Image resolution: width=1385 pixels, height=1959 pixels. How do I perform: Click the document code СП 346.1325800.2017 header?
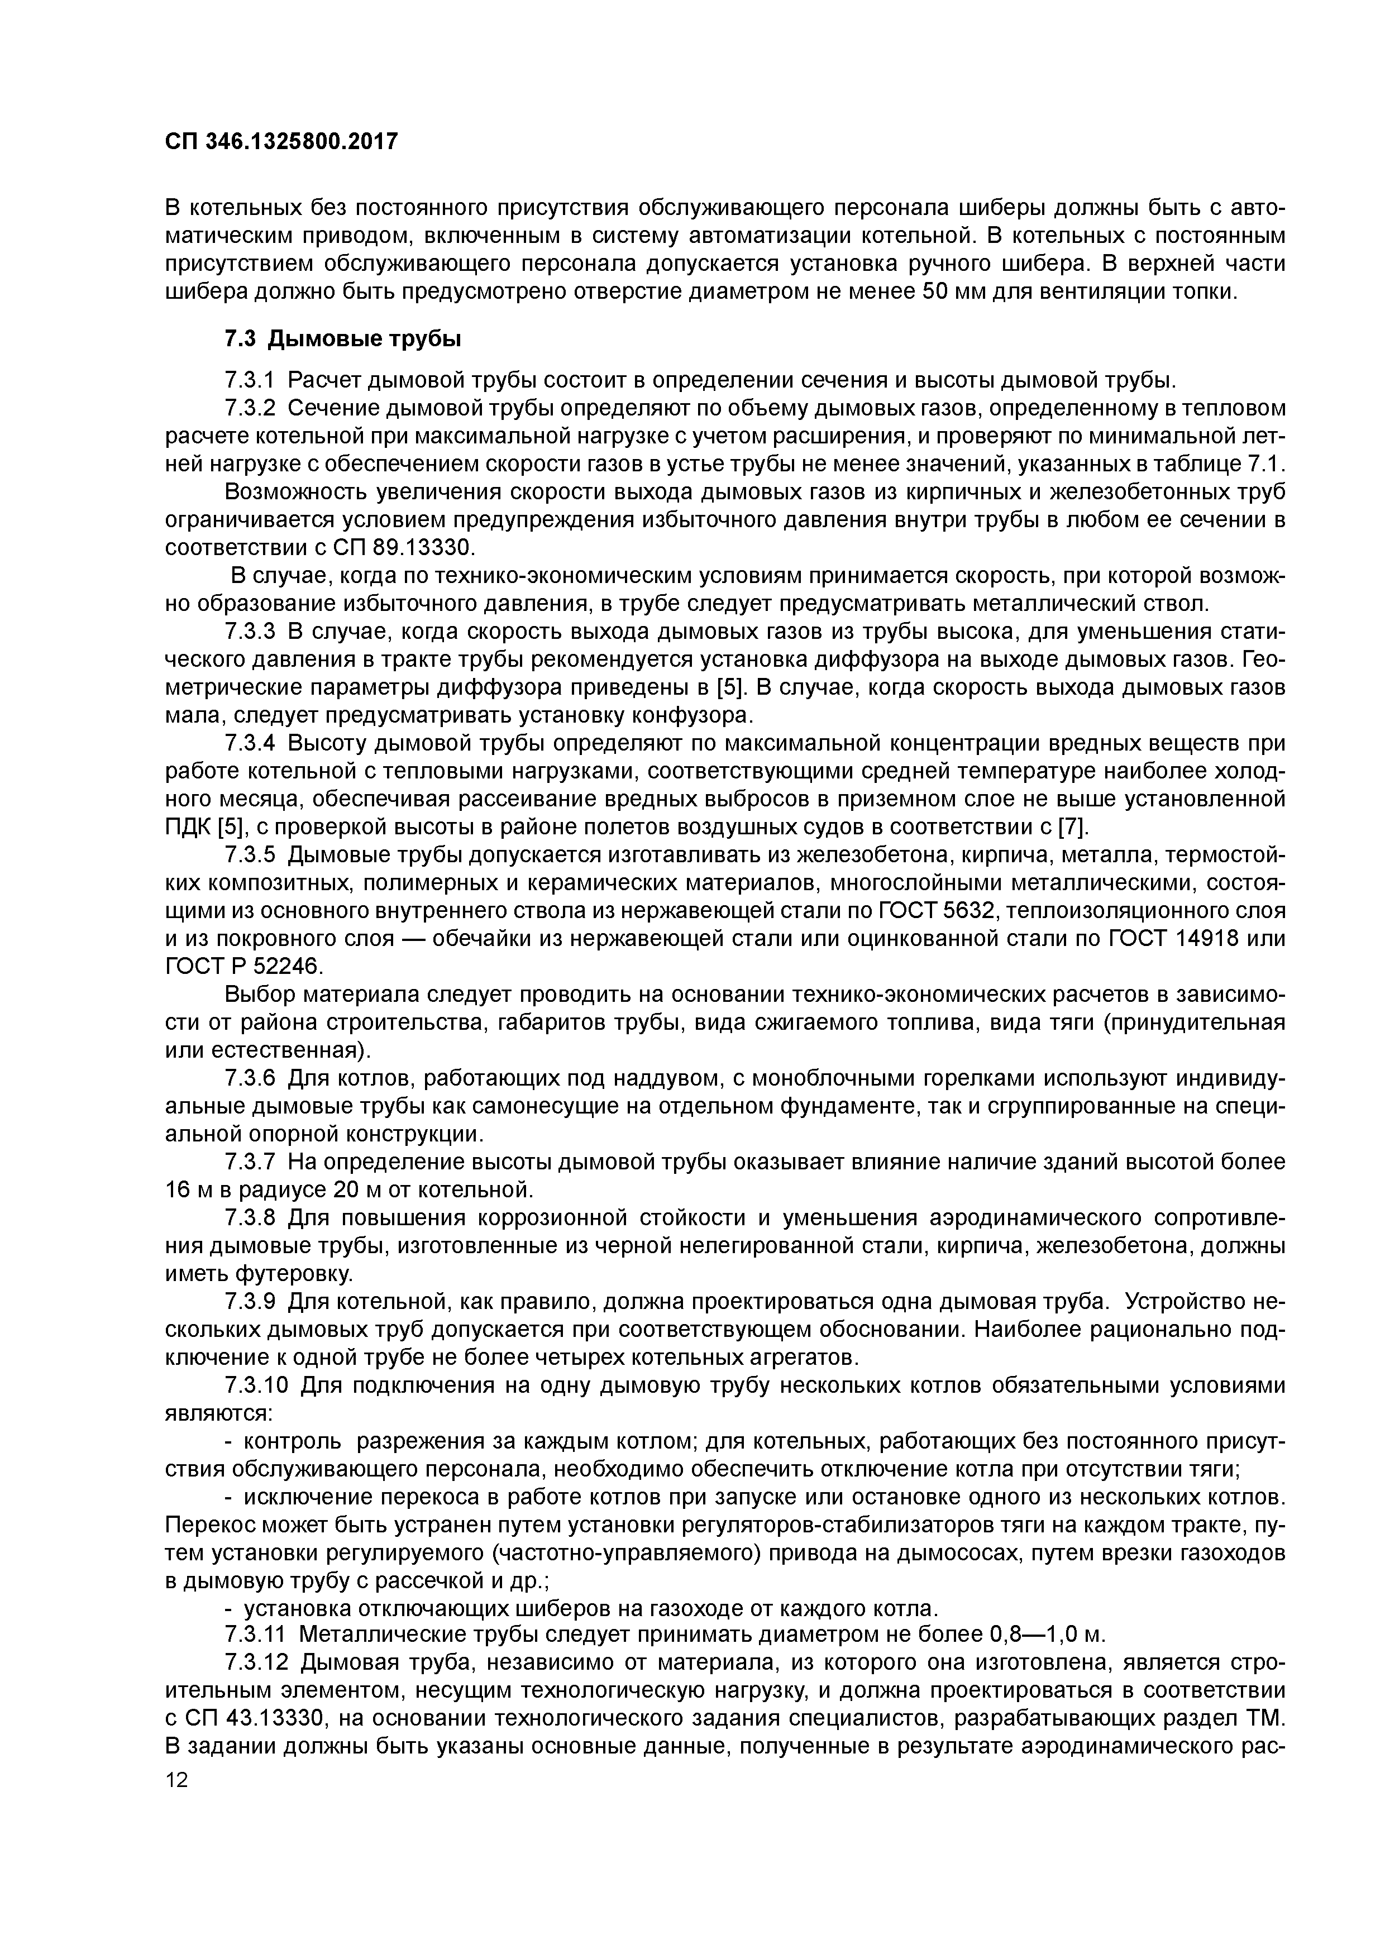coord(281,142)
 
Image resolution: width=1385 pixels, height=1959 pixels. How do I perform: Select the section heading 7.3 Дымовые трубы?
coord(342,340)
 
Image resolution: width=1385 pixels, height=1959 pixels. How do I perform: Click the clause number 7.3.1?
coord(251,380)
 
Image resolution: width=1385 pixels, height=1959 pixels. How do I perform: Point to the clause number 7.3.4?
coord(251,744)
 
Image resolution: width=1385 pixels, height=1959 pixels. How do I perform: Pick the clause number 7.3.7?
coord(251,1162)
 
